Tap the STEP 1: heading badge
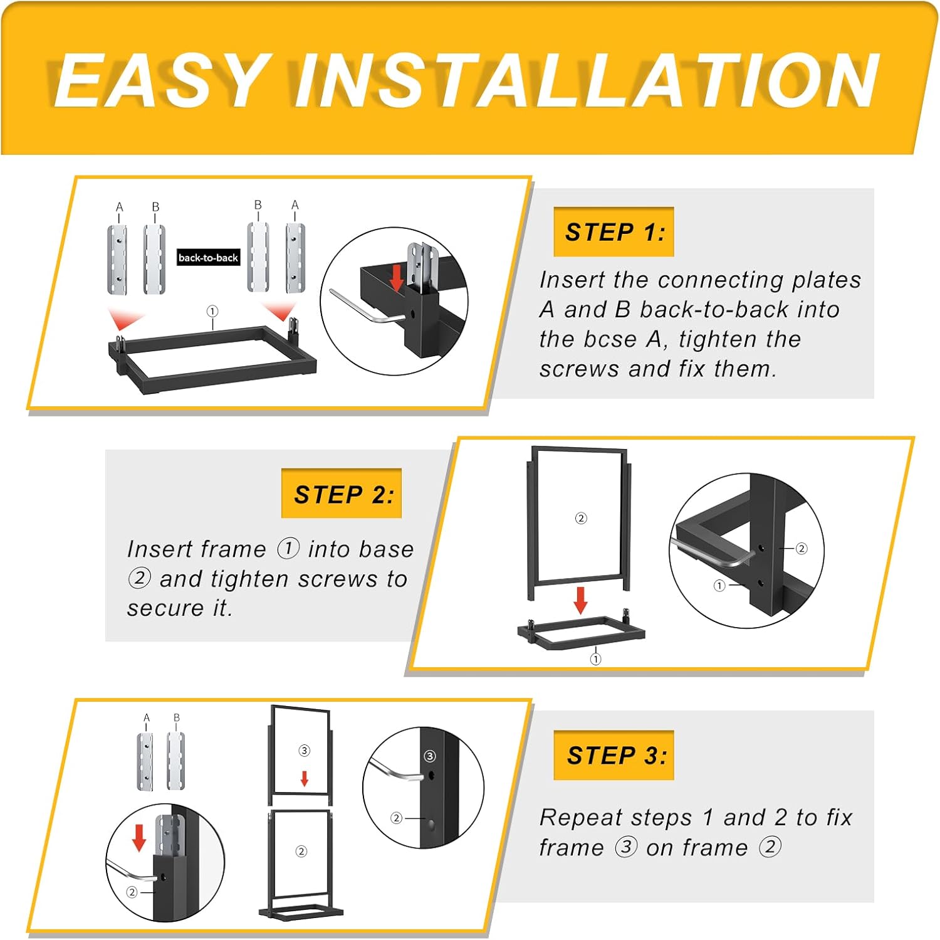click(x=614, y=231)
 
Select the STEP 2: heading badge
click(x=342, y=494)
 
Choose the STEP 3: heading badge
click(x=614, y=755)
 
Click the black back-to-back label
click(x=208, y=257)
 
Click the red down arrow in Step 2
click(x=581, y=600)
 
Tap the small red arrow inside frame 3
click(x=305, y=779)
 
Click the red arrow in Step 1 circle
click(x=396, y=278)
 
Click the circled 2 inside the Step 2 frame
click(x=581, y=518)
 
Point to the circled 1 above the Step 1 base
click(x=212, y=311)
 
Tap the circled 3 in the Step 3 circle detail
click(x=430, y=756)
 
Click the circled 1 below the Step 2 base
click(x=595, y=659)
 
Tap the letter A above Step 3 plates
click(x=147, y=717)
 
